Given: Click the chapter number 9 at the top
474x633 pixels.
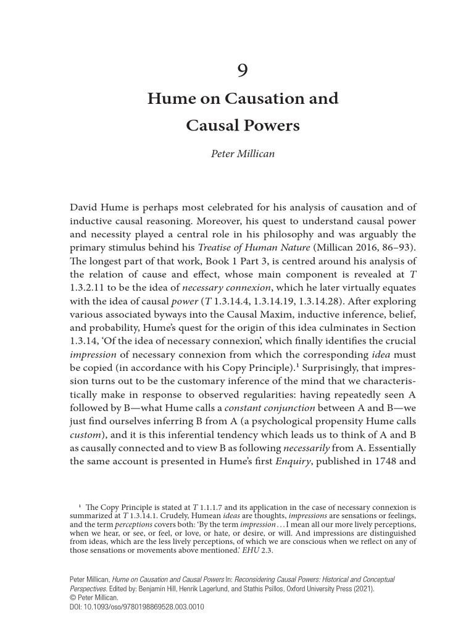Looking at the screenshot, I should point(243,70).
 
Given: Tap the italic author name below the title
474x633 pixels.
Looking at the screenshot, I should point(243,154).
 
